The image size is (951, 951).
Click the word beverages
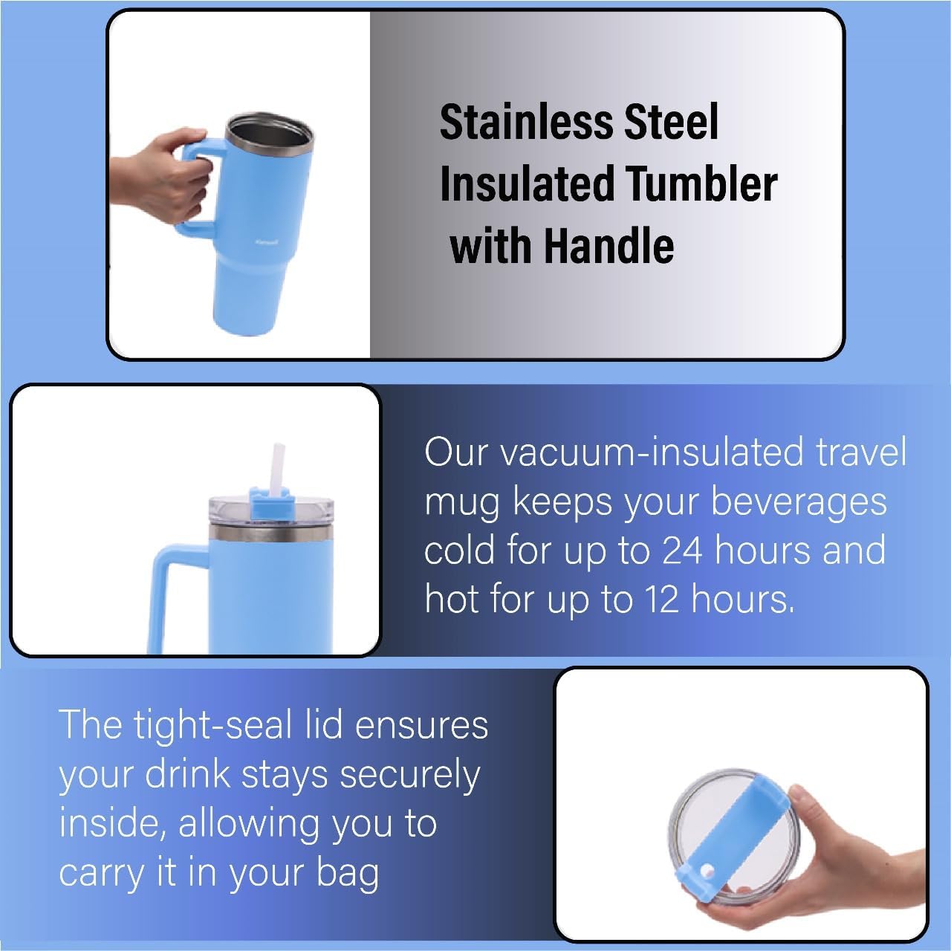point(799,502)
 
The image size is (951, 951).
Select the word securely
point(410,775)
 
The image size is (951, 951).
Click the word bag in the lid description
point(348,873)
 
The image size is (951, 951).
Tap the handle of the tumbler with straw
point(172,588)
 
